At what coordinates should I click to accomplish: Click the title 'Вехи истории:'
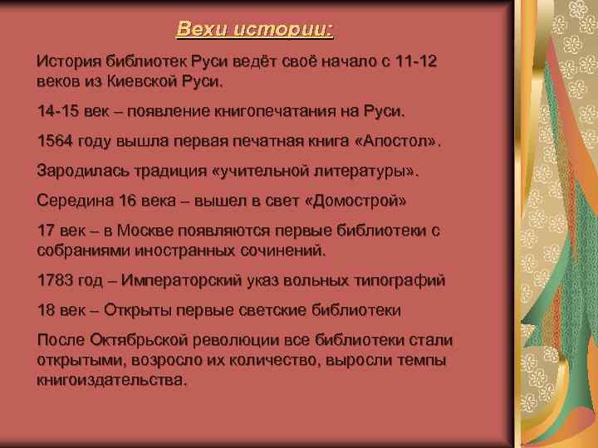click(254, 31)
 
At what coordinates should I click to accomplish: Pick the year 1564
click(54, 141)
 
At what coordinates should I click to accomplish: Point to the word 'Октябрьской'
click(135, 341)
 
